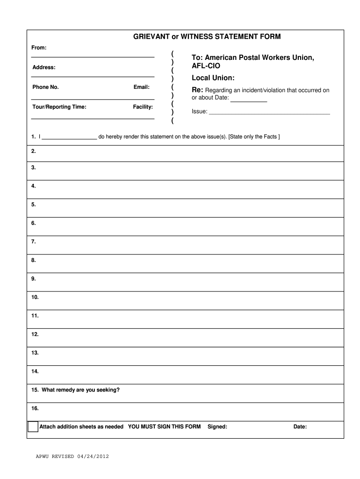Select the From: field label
coord(39,48)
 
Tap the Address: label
coord(44,67)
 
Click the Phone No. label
coord(45,87)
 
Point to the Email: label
coord(141,87)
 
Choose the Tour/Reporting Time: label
coord(59,107)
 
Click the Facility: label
coord(143,107)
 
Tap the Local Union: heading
coord(213,77)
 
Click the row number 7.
coord(34,242)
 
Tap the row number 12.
coord(35,334)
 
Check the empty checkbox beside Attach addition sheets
coord(33,427)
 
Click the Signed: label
coord(217,427)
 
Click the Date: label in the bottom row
coord(300,427)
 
